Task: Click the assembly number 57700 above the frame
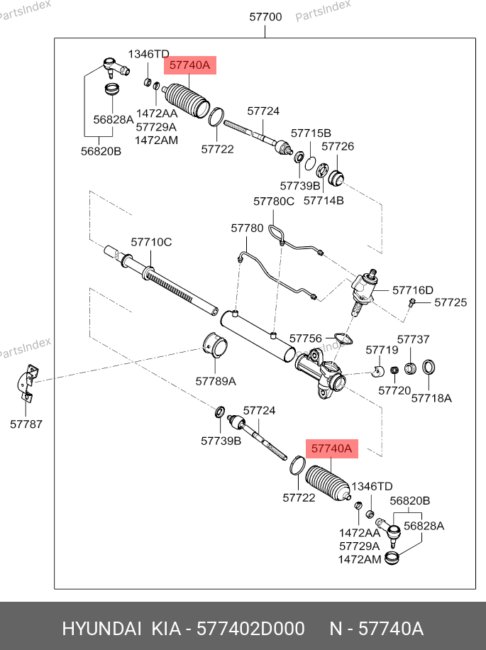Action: click(265, 17)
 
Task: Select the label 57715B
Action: click(311, 133)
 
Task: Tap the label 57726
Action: click(338, 147)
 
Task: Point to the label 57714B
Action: click(324, 200)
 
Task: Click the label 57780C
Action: click(273, 202)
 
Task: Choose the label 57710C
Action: click(151, 242)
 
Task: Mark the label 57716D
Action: click(412, 290)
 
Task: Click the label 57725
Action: click(451, 302)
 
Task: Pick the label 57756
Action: click(306, 338)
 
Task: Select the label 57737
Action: click(413, 340)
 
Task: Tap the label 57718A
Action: click(431, 399)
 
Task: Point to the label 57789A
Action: click(216, 381)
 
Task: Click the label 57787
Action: click(26, 424)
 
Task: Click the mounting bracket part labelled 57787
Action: click(28, 382)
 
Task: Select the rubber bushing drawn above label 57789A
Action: click(216, 346)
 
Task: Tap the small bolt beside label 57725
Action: click(412, 303)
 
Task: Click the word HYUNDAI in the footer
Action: click(102, 629)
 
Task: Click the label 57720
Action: click(394, 391)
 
